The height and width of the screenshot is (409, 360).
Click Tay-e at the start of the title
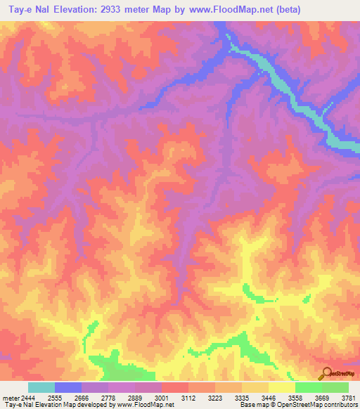(19, 10)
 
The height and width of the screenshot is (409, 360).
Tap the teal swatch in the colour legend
(41, 388)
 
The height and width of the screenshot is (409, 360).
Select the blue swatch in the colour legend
(68, 388)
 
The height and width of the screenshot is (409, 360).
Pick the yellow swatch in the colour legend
(282, 388)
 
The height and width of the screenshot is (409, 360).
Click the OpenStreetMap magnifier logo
(327, 372)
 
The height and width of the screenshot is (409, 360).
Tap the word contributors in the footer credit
(339, 405)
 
